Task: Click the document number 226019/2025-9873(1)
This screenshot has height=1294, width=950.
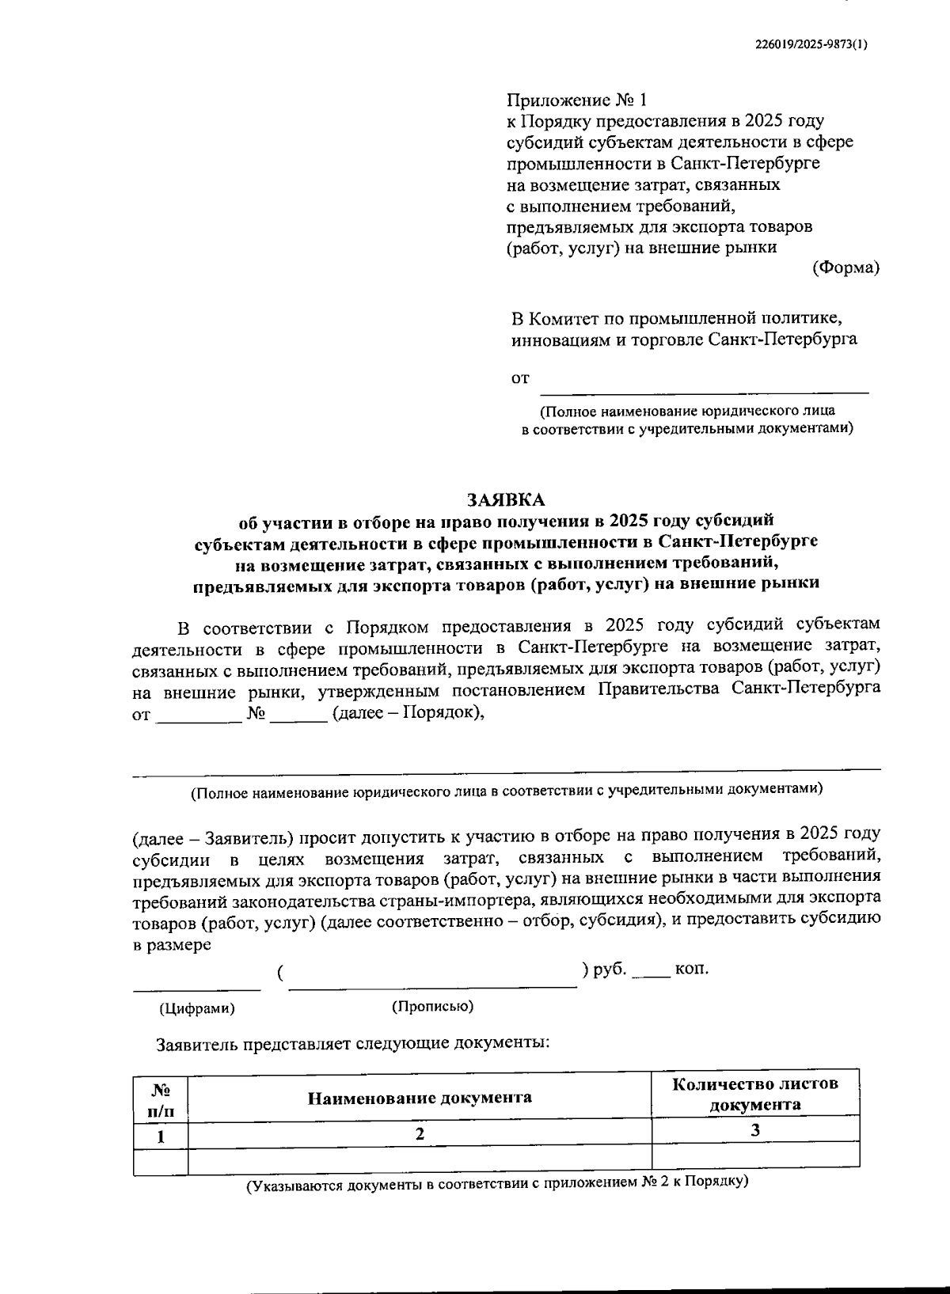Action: (811, 44)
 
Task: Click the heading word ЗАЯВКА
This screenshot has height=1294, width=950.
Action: (507, 500)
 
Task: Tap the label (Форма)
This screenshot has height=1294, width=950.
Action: (846, 268)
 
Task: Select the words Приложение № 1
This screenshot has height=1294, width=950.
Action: (576, 101)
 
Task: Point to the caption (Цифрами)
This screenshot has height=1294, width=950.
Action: (197, 1009)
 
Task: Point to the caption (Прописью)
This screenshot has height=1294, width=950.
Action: (432, 1007)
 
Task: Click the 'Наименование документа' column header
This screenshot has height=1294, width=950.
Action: (420, 1098)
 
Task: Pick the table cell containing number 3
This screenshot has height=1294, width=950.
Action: (755, 1131)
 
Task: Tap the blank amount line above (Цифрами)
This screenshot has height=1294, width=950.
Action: (196, 985)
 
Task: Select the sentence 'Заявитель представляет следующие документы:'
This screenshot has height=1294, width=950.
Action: (353, 1043)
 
